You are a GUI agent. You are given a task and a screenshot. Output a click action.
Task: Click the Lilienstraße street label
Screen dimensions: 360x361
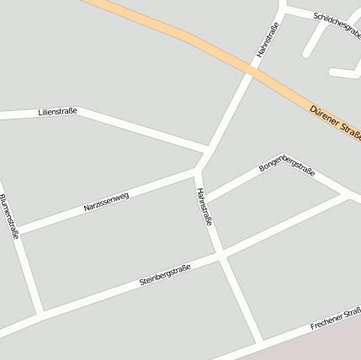pyautogui.click(x=57, y=110)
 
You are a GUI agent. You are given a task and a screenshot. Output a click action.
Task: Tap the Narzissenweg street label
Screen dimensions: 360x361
pyautogui.click(x=106, y=199)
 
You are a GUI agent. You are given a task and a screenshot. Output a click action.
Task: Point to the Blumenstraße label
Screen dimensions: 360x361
pyautogui.click(x=9, y=217)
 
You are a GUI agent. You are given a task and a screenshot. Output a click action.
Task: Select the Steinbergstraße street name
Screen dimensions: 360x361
pyautogui.click(x=165, y=275)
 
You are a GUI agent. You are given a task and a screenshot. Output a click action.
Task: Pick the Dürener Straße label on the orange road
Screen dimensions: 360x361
pyautogui.click(x=335, y=123)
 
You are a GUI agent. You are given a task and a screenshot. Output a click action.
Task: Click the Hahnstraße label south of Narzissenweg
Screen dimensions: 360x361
pyautogui.click(x=204, y=207)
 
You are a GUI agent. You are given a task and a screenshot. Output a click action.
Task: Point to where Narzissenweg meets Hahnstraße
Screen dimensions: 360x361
pyautogui.click(x=197, y=169)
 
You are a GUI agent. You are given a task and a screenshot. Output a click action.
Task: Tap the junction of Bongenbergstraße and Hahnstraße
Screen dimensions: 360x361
pyautogui.click(x=206, y=201)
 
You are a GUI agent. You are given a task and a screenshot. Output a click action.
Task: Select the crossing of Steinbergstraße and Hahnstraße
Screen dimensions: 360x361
pyautogui.click(x=220, y=256)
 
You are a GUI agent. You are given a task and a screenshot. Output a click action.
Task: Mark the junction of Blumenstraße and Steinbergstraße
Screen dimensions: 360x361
pyautogui.click(x=39, y=316)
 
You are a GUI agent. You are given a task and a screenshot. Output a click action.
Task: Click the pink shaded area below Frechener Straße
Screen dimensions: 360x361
pyautogui.click(x=320, y=345)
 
